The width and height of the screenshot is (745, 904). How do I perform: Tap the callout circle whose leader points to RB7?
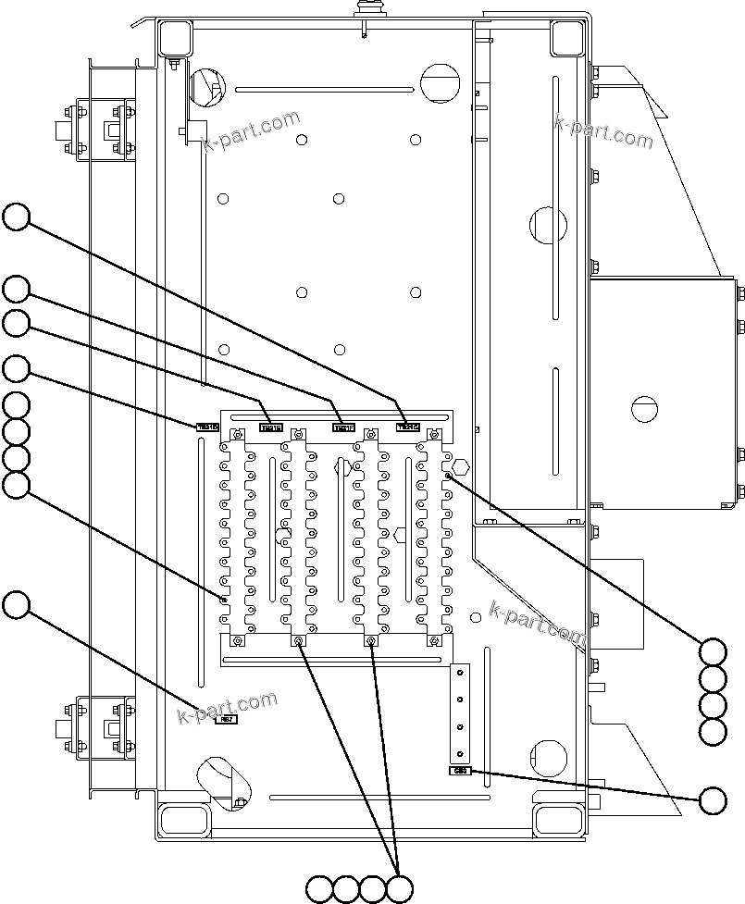(16, 606)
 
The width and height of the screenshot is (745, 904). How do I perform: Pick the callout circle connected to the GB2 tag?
(713, 800)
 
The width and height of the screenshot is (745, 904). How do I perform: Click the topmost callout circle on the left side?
(16, 217)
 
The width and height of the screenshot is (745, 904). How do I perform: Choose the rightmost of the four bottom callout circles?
(400, 889)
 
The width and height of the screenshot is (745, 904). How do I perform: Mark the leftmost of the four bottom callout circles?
(319, 889)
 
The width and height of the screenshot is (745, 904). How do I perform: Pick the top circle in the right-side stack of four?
(713, 651)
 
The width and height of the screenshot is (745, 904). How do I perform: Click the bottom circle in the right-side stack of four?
(713, 732)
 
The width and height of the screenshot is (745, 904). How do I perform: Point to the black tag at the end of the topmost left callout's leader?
(408, 427)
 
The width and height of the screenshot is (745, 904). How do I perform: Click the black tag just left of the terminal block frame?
(207, 427)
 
